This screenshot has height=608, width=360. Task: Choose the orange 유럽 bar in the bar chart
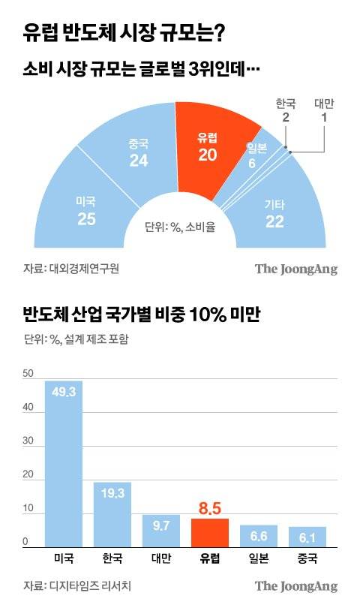(210, 534)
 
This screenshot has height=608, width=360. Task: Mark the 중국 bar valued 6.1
(307, 537)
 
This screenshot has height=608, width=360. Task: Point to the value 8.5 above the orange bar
(210, 509)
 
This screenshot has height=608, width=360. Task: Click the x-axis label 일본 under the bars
(259, 559)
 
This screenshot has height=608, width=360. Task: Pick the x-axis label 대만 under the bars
(161, 559)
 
